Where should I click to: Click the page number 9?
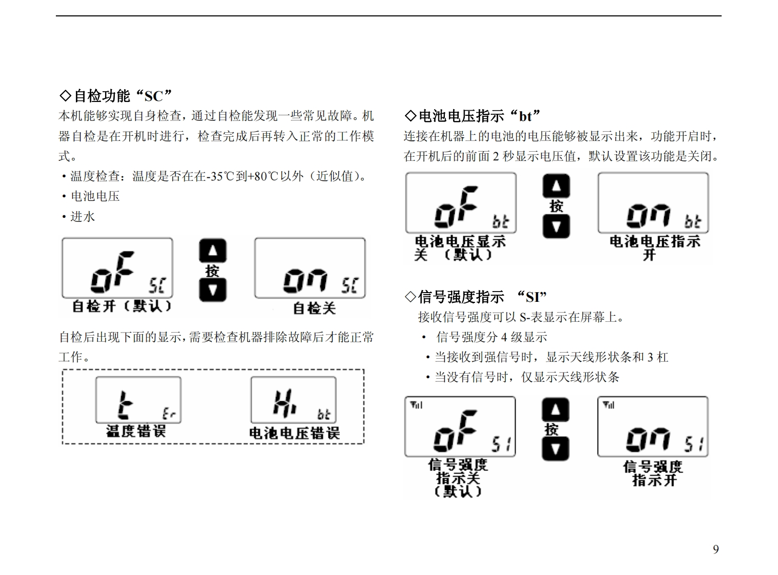pyautogui.click(x=715, y=549)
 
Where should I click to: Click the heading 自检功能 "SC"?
pyautogui.click(x=116, y=96)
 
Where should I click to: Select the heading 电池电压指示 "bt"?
pyautogui.click(x=473, y=116)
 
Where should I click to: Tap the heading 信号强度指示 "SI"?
pyautogui.click(x=476, y=297)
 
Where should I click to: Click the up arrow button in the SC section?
pyautogui.click(x=212, y=251)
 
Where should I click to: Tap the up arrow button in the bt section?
pyautogui.click(x=556, y=186)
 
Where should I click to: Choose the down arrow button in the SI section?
pyautogui.click(x=556, y=449)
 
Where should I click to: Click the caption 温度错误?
pyautogui.click(x=136, y=431)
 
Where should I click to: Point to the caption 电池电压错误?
pyautogui.click(x=294, y=433)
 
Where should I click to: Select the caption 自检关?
pyautogui.click(x=314, y=308)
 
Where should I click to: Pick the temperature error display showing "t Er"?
pyautogui.click(x=138, y=400)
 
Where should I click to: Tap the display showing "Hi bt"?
pyautogui.click(x=294, y=400)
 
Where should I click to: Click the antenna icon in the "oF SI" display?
pyautogui.click(x=416, y=405)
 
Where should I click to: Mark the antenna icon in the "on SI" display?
pyautogui.click(x=608, y=405)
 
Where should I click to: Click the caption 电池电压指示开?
pyautogui.click(x=654, y=248)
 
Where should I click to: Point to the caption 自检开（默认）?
pyautogui.click(x=121, y=306)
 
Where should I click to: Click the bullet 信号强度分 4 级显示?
pyautogui.click(x=491, y=337)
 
